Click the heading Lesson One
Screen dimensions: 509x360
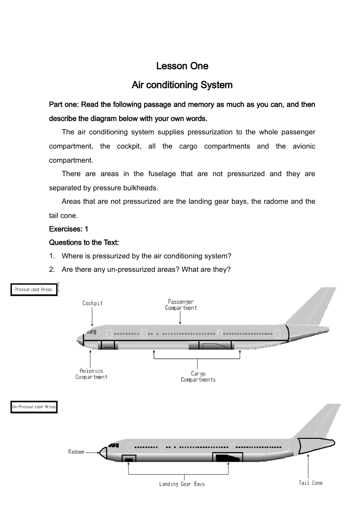click(182, 66)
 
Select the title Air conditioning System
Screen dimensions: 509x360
click(182, 85)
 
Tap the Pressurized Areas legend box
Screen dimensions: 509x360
click(34, 290)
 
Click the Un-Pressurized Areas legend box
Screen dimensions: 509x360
click(34, 407)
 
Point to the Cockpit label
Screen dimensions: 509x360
click(92, 303)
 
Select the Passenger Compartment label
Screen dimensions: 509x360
click(181, 305)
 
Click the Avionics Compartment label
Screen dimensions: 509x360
click(91, 374)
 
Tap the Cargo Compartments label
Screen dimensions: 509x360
click(198, 376)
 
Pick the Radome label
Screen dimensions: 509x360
click(76, 452)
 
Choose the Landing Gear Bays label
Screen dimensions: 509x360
click(182, 484)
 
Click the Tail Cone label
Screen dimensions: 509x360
click(310, 483)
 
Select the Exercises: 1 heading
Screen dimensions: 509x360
click(69, 229)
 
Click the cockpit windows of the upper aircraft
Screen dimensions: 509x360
click(91, 332)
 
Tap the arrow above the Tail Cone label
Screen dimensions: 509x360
click(308, 466)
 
